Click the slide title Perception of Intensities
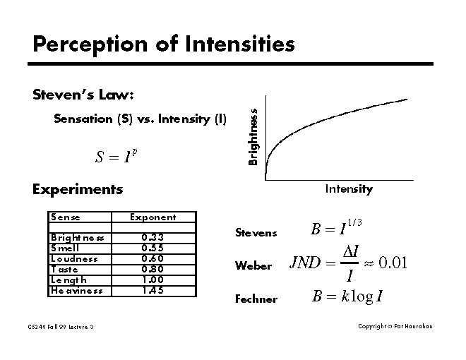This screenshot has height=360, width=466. pos(163,45)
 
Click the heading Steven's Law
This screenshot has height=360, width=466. pos(83,95)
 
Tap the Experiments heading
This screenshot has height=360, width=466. pos(78,189)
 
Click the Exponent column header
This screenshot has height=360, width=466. pos(153,217)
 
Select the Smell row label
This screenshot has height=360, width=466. pos(65,248)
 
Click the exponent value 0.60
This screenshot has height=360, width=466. pos(153,258)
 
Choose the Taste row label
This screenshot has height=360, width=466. pos(64,269)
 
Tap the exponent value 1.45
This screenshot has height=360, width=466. pos(153,290)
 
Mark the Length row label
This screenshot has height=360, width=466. pos(67,280)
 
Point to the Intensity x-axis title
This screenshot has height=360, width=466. pos(348,189)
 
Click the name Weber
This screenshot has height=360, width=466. pos(253,266)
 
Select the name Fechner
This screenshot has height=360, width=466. pos(256,299)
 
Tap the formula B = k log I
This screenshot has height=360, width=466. pos(347,296)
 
